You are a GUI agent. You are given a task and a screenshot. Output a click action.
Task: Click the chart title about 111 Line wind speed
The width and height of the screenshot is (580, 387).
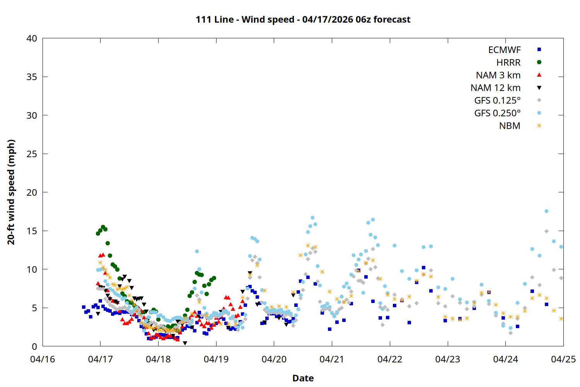pos(303,19)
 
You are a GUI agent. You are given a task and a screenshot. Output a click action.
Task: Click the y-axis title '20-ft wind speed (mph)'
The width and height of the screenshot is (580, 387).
pos(11,192)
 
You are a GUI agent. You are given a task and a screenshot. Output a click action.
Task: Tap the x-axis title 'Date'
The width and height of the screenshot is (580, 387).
pos(303,378)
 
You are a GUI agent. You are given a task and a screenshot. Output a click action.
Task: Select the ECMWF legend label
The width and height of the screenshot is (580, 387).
pos(504,50)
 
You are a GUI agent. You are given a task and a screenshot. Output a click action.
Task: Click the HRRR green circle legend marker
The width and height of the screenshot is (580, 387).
pos(539,62)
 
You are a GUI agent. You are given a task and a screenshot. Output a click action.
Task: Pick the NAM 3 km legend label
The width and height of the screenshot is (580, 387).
pos(498,75)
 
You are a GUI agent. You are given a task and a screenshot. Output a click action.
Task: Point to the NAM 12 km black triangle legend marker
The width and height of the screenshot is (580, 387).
pos(539,88)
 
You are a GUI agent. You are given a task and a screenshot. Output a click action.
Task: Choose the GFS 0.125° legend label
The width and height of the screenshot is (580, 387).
pos(497,101)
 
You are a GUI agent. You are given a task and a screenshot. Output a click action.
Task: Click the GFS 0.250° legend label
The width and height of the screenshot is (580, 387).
pos(497,113)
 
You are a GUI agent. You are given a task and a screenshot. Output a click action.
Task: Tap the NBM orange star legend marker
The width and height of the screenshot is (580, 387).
pos(539,126)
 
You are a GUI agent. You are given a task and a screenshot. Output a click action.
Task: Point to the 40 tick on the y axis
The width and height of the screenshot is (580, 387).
pos(32,38)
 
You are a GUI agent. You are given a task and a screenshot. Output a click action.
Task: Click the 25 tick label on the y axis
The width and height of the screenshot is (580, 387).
pos(32,154)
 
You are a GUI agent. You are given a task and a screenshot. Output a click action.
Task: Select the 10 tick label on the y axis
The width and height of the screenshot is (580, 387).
pos(32,269)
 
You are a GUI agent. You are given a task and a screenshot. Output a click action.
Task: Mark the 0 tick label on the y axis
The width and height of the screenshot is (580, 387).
pos(34,346)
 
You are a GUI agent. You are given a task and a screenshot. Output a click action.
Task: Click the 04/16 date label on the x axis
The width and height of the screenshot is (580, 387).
pos(43,359)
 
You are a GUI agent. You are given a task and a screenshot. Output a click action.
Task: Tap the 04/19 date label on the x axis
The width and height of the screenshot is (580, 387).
pos(216,359)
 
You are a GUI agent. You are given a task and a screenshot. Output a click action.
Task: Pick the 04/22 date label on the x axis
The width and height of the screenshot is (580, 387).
pos(390,359)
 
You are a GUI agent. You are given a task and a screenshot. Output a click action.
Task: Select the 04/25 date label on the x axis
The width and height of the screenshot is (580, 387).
pos(563,359)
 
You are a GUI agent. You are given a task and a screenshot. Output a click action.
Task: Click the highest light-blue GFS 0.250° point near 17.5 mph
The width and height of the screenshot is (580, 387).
pos(546,211)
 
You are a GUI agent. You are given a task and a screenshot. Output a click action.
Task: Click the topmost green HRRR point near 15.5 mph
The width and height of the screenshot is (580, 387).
pos(103,227)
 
